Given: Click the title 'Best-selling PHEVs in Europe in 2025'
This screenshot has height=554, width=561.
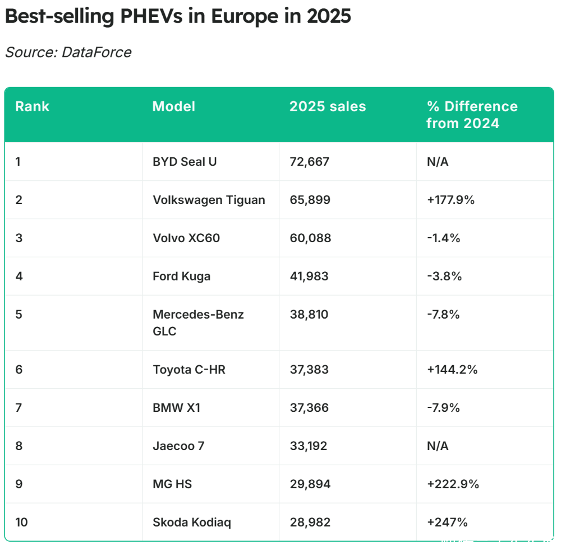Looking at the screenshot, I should (x=178, y=16).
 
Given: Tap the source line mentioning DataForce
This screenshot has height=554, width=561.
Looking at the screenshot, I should (x=68, y=52).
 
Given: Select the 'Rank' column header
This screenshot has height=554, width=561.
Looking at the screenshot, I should (x=32, y=106).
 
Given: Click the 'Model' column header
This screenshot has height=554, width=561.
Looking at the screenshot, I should (x=174, y=106).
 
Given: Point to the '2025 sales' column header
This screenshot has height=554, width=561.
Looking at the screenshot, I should (x=328, y=106).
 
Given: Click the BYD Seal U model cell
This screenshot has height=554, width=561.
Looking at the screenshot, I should (x=185, y=162).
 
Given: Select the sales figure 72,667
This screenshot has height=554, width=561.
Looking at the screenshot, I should (x=309, y=162).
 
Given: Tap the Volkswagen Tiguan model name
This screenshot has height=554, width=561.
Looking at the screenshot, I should (x=209, y=200).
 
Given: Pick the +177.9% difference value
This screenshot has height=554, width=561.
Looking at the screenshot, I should (x=450, y=200).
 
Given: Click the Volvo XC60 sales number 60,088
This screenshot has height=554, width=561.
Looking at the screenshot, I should (x=310, y=238).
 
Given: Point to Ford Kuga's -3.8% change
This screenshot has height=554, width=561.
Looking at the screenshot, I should (x=443, y=276).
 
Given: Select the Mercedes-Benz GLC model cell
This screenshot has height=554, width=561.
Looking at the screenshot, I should (x=198, y=323).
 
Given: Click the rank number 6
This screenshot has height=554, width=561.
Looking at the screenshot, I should (x=19, y=370).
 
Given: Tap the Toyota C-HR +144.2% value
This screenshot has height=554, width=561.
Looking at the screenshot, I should (x=452, y=370).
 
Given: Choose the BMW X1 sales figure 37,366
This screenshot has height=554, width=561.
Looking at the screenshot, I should (x=309, y=408).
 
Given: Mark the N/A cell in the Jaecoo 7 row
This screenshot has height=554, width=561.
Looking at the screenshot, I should (x=438, y=446).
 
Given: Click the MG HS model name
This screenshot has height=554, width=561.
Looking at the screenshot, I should (x=172, y=484).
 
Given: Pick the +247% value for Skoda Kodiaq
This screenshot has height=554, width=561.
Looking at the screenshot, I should (x=447, y=523).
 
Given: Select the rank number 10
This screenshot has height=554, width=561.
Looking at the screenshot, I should (x=22, y=523).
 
